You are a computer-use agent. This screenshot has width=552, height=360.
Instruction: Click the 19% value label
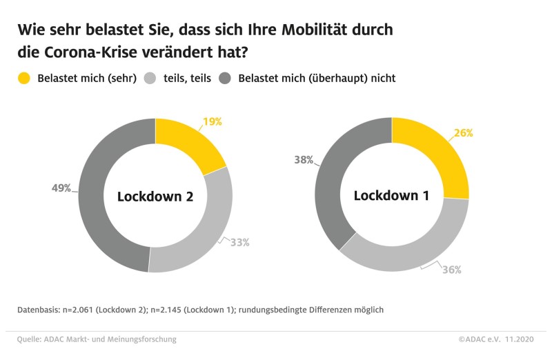(x=212, y=122)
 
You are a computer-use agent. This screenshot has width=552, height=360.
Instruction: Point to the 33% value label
(x=239, y=242)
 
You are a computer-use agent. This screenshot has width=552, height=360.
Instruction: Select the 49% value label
(x=61, y=188)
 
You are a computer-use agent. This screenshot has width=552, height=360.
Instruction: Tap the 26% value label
(x=463, y=133)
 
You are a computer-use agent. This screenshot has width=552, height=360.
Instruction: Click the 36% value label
(x=451, y=270)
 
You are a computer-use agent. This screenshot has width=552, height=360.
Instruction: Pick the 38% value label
(x=304, y=160)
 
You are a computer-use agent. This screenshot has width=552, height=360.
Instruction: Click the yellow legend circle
(x=24, y=78)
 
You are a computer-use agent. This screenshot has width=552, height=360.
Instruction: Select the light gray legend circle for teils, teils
(x=150, y=78)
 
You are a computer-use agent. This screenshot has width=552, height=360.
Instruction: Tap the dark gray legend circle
(x=225, y=78)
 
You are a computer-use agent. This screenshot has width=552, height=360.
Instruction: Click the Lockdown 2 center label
(x=155, y=197)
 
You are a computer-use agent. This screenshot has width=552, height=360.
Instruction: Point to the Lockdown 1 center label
(x=391, y=196)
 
